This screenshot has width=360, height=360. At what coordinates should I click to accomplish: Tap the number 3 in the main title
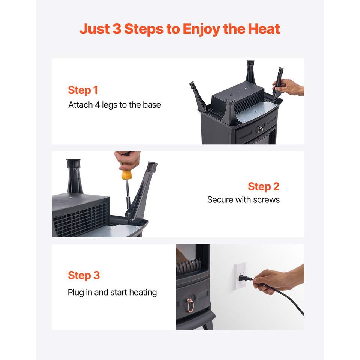click(117, 29)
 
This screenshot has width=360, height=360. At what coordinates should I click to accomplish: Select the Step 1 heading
click(83, 90)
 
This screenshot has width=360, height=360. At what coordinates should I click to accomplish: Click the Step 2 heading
click(264, 187)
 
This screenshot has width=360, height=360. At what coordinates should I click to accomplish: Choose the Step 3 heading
click(84, 275)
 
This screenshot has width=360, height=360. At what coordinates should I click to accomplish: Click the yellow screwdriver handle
click(126, 175)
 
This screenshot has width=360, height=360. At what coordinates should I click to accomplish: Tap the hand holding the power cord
click(278, 280)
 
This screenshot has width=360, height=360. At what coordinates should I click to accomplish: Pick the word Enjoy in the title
click(201, 30)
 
